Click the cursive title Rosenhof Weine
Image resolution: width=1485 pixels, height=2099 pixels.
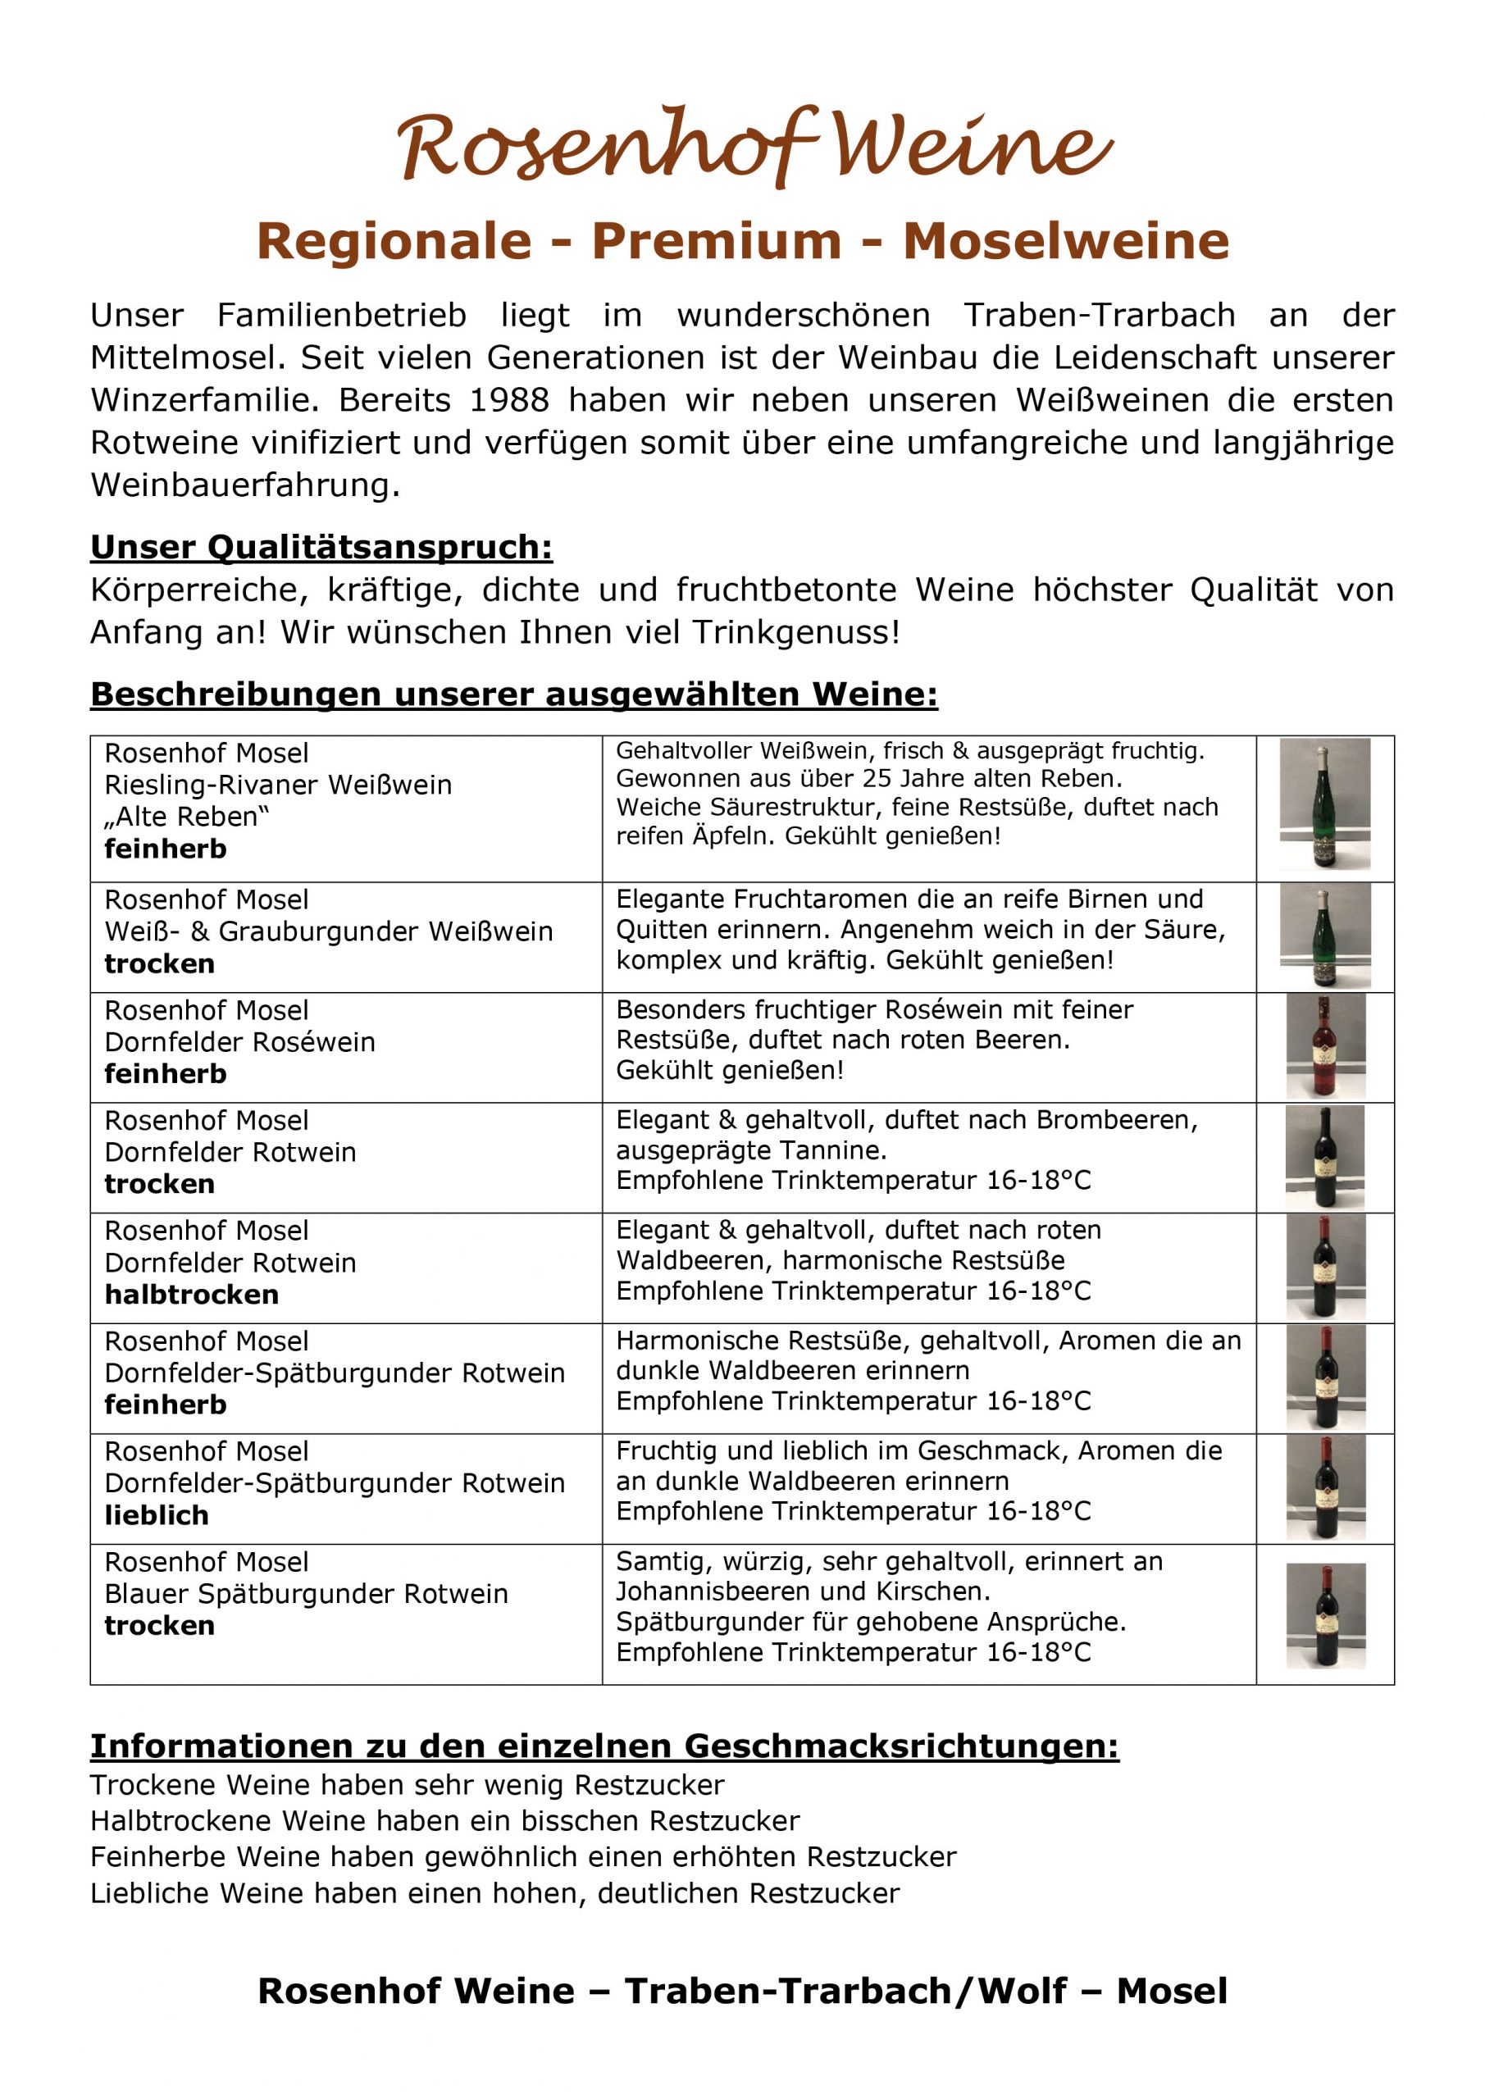(x=754, y=146)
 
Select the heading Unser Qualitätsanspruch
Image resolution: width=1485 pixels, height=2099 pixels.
(x=321, y=547)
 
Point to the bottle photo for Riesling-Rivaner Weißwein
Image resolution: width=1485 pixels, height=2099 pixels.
(x=1324, y=804)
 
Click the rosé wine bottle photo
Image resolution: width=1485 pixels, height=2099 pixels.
(x=1325, y=1047)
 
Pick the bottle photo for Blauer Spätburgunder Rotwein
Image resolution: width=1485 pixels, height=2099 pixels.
(x=1325, y=1615)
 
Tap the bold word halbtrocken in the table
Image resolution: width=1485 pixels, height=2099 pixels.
(x=191, y=1295)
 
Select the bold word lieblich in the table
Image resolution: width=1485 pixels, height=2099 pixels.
(x=157, y=1515)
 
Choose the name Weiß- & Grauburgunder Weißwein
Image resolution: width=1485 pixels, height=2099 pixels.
(x=328, y=931)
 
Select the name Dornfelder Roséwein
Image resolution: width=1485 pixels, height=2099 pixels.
(x=239, y=1042)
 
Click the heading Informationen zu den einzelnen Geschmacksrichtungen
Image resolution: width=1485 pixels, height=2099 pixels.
(x=604, y=1746)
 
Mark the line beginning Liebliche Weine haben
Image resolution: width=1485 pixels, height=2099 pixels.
(x=494, y=1893)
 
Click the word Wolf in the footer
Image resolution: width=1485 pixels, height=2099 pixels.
(x=1022, y=1991)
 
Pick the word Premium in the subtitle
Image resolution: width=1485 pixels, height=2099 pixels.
(x=716, y=241)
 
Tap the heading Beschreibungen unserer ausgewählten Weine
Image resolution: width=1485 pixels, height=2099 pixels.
(x=514, y=694)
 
